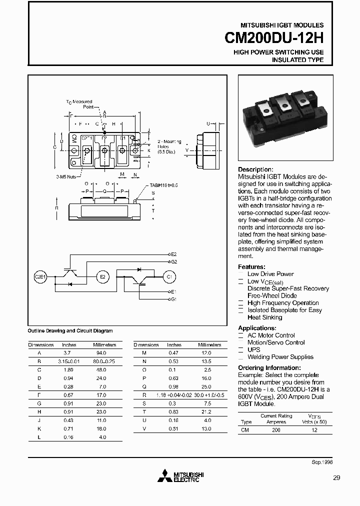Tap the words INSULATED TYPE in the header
pyautogui.click(x=297, y=60)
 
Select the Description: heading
pyautogui.click(x=255, y=169)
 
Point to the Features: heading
pyautogui.click(x=251, y=267)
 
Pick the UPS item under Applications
pyautogui.click(x=254, y=350)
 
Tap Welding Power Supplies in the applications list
pyautogui.click(x=280, y=357)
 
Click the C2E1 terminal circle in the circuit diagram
pyautogui.click(x=39, y=276)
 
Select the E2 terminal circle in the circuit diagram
pyautogui.click(x=102, y=276)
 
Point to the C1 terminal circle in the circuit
pyautogui.click(x=169, y=276)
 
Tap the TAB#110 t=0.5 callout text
pyautogui.click(x=163, y=185)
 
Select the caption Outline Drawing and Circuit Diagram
pyautogui.click(x=70, y=331)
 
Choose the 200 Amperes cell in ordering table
pyautogui.click(x=276, y=430)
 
